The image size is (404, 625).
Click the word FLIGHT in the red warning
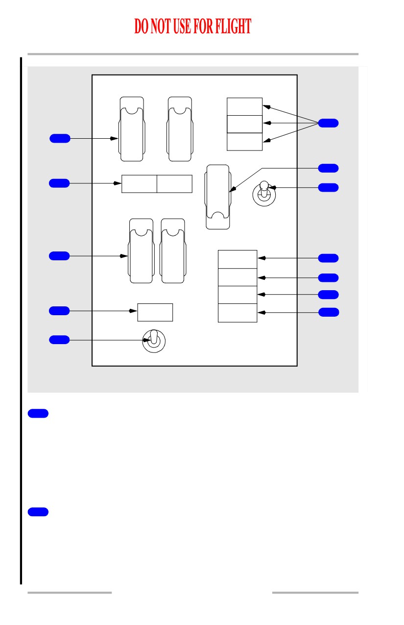[233, 26]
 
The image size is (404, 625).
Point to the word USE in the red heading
[182, 26]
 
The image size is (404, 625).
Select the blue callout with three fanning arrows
[328, 123]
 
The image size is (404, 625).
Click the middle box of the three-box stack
[244, 124]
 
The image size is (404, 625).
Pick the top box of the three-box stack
[244, 106]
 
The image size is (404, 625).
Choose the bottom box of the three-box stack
[244, 142]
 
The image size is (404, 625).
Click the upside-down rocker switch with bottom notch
[218, 197]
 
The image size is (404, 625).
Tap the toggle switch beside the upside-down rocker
[264, 194]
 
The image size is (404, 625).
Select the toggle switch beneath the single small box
[154, 341]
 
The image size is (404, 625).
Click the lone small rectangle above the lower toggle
[155, 313]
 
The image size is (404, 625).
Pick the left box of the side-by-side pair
[140, 184]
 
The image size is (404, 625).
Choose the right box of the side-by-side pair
[174, 184]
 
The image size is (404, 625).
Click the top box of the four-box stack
[238, 259]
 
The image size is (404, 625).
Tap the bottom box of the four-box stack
[238, 313]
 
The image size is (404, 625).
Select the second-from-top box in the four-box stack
[238, 277]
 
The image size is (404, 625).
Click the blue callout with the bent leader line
[328, 168]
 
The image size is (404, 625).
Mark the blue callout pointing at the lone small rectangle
[59, 311]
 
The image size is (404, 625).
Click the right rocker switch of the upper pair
[180, 129]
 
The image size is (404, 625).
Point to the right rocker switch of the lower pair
[173, 251]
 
